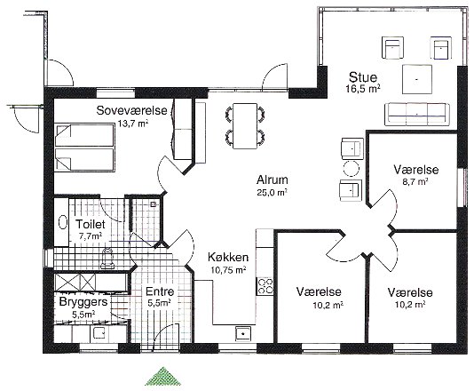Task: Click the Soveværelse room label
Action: tap(131, 110)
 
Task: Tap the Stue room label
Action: tap(363, 77)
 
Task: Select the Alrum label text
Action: tap(273, 180)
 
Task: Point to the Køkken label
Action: tap(228, 257)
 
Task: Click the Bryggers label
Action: tap(83, 302)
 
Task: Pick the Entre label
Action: tap(160, 291)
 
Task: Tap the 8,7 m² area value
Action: tap(416, 181)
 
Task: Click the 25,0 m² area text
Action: tap(272, 193)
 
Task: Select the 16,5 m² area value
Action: tap(363, 89)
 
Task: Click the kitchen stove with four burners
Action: tap(265, 286)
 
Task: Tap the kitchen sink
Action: tap(243, 333)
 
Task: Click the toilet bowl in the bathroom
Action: tap(107, 259)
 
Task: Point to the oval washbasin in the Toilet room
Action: tap(63, 222)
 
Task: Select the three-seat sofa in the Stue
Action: tap(417, 114)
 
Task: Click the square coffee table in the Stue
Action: tap(417, 79)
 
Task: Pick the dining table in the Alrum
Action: tap(245, 126)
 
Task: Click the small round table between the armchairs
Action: tap(351, 169)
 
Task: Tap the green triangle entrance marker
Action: tap(163, 377)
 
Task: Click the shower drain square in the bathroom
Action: tap(154, 204)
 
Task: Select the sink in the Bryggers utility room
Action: tap(99, 333)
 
